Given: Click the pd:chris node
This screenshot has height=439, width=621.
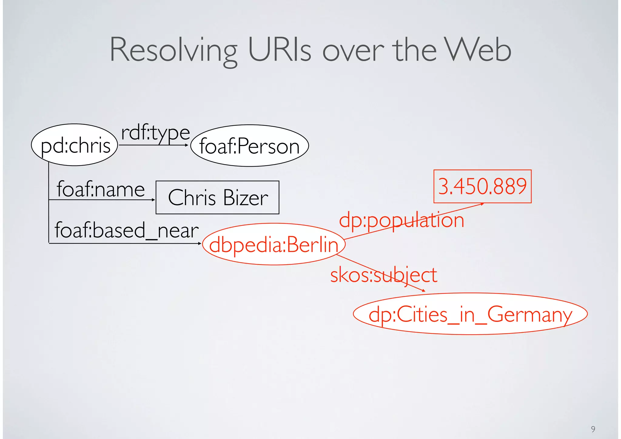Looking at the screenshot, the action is (74, 145).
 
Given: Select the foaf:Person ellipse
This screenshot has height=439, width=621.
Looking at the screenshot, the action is (249, 146).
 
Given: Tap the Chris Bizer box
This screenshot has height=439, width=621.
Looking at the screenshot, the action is (217, 198).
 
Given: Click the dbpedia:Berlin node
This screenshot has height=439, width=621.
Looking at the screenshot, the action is (274, 244).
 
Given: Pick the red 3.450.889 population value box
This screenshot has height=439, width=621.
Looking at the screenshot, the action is (482, 186).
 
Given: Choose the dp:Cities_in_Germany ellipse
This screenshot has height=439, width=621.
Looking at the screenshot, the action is (470, 314).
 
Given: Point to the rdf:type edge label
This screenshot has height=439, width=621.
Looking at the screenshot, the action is (155, 133).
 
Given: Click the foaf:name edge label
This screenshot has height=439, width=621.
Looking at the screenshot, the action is (101, 189).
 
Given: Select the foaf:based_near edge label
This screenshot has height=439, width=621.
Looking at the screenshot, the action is (126, 230).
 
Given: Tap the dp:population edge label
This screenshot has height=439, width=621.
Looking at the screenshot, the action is (401, 220).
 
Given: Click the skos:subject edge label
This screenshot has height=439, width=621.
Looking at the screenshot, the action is (384, 275).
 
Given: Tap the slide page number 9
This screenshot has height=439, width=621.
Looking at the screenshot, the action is (593, 429).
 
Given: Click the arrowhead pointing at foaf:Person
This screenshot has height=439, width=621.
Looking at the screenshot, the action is (187, 145).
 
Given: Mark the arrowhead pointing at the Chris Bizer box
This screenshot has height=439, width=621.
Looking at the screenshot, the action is (153, 200).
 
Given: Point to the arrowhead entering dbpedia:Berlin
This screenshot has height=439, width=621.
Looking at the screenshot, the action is (200, 243).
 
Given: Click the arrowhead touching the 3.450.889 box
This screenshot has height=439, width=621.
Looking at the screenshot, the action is (482, 204).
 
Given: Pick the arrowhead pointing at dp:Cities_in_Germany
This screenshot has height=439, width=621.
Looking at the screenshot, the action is (424, 291).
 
